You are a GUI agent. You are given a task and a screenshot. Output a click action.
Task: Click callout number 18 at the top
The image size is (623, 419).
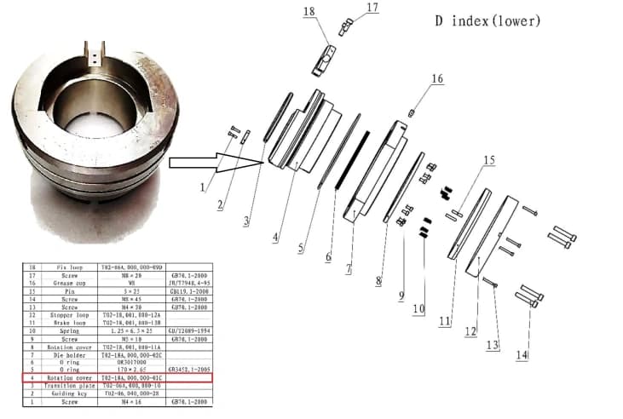[309, 11]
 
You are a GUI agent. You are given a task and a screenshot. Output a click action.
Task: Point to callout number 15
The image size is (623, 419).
[488, 160]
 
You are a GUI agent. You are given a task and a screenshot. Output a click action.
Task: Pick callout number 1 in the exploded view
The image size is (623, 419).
[203, 186]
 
